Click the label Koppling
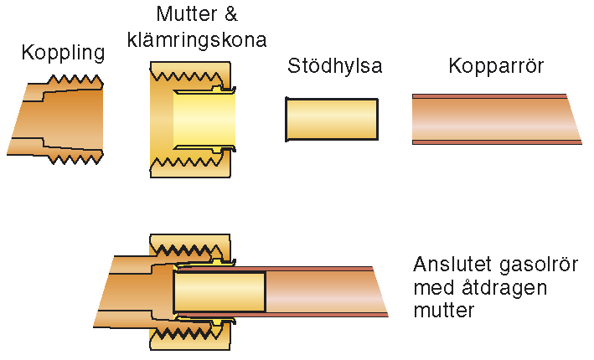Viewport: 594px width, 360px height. (x=63, y=53)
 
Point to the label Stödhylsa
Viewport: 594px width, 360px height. (x=334, y=66)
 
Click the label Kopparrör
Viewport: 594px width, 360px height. (x=496, y=66)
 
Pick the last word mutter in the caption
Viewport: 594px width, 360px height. (x=444, y=311)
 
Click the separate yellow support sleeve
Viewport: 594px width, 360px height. (x=331, y=120)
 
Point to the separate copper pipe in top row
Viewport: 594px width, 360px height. (x=496, y=119)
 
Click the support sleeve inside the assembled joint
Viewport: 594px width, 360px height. (x=220, y=291)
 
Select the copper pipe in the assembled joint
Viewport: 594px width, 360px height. (x=327, y=291)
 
